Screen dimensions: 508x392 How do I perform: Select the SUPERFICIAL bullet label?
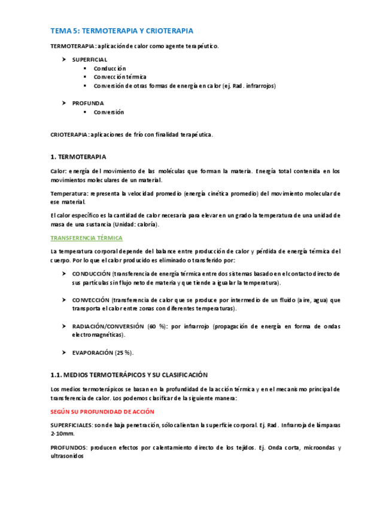[90, 60]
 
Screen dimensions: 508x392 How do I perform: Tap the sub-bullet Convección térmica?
[120, 77]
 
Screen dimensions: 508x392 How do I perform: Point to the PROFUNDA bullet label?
[88, 103]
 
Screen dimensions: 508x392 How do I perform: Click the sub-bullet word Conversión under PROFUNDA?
[109, 112]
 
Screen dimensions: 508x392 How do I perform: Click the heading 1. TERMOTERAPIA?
[78, 157]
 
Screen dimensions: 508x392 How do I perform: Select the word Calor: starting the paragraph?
[59, 171]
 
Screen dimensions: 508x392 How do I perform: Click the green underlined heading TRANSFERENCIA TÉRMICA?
[86, 238]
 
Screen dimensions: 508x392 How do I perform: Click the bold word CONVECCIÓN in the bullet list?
[90, 300]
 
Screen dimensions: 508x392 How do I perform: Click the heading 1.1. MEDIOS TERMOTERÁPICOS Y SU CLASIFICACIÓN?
[129, 375]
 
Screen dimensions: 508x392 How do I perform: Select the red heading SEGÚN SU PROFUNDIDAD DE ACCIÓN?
[102, 412]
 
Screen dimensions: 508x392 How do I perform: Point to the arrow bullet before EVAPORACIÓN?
[64, 353]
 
